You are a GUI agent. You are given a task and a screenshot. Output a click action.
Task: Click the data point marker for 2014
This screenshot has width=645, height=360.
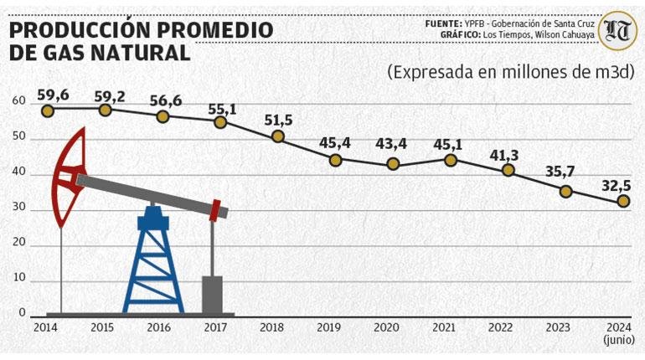point(48,111)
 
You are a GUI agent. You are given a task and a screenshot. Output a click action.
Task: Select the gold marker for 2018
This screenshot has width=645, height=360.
point(278,136)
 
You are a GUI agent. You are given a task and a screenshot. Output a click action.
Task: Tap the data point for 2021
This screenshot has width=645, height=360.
point(451,160)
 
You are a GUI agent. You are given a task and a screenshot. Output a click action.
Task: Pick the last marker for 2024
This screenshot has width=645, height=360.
point(623,201)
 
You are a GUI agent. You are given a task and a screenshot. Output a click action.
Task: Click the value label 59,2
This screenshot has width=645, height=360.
point(110,97)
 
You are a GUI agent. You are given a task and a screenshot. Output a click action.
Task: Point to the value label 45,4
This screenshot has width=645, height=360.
point(335,143)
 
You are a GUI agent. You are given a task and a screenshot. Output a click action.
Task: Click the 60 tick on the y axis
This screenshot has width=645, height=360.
point(19,100)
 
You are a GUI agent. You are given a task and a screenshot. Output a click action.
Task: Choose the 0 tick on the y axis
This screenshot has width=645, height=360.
point(23,313)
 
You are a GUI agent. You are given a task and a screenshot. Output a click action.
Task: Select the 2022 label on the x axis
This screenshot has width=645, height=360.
point(501,328)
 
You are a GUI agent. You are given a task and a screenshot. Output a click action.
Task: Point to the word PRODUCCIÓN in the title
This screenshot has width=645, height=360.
point(79,30)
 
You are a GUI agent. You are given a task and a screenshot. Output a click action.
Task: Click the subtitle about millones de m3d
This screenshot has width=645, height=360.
point(511,71)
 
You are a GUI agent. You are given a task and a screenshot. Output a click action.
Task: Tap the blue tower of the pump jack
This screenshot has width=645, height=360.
point(153,260)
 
